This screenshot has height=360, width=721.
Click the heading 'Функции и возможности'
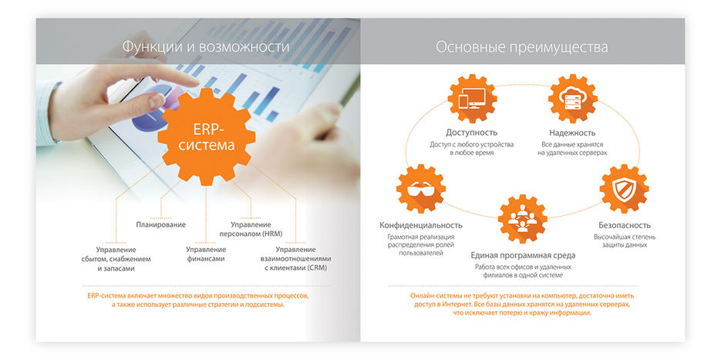point(205,47)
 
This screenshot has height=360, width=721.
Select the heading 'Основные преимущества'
point(521,47)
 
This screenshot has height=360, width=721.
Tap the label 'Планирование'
point(160,224)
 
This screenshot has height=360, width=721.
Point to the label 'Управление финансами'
point(206,254)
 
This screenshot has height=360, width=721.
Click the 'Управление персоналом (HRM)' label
point(251,229)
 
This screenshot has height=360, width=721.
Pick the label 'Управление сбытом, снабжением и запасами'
point(116,259)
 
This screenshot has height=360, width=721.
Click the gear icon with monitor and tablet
point(470,100)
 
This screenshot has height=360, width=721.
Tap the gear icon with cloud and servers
point(573,100)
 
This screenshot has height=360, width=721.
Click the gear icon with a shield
point(623,190)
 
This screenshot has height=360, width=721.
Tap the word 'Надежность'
point(573,133)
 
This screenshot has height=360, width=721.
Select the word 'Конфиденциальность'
point(422,224)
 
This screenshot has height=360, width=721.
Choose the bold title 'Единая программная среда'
point(522,255)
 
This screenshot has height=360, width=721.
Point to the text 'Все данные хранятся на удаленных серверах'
point(573,148)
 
